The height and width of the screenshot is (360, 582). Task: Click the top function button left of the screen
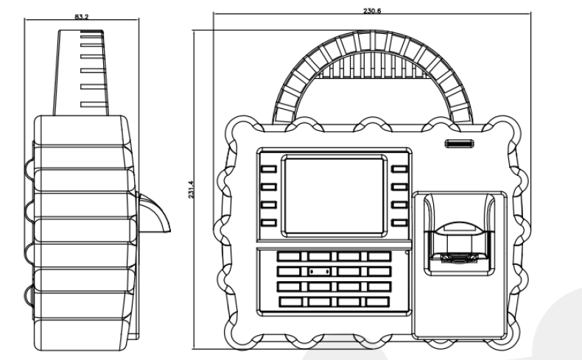(x=268, y=169)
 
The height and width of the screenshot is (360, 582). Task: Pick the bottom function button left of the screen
(x=268, y=222)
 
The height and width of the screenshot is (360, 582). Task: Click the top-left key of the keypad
(x=290, y=257)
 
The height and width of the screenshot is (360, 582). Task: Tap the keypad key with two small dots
(x=319, y=272)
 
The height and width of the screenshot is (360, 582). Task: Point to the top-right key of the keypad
(x=379, y=257)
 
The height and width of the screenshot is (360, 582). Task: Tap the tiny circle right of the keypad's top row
(x=406, y=253)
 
